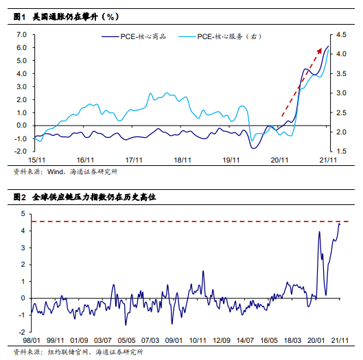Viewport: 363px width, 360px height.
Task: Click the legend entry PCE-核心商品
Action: click(134, 36)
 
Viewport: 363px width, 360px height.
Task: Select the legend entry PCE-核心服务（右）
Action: click(220, 36)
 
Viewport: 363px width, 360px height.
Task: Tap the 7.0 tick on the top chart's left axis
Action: click(22, 35)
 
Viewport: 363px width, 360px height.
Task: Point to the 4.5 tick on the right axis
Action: click(341, 35)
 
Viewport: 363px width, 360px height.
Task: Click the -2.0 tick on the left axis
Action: click(21, 151)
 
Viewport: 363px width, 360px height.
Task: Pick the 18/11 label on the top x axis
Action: click(183, 160)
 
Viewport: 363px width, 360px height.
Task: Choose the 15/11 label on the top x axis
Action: click(36, 160)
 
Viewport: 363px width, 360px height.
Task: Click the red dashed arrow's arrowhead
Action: click(320, 51)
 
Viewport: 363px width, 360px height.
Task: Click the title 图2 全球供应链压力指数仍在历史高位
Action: click(84, 197)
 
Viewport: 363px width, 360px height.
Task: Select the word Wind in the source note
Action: click(55, 171)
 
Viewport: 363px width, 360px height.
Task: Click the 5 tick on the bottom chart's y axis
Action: click(23, 213)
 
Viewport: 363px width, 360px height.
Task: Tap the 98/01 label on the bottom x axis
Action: click(32, 340)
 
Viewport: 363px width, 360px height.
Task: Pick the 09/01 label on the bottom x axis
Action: click(174, 340)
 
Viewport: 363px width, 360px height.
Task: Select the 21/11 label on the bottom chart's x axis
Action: click(340, 340)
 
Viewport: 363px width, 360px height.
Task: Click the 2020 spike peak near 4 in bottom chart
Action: click(320, 232)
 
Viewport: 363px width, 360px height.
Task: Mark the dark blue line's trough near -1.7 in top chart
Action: click(253, 148)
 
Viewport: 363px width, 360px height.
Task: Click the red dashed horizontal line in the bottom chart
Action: click(190, 221)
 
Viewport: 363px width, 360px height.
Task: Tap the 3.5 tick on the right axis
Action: click(341, 74)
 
